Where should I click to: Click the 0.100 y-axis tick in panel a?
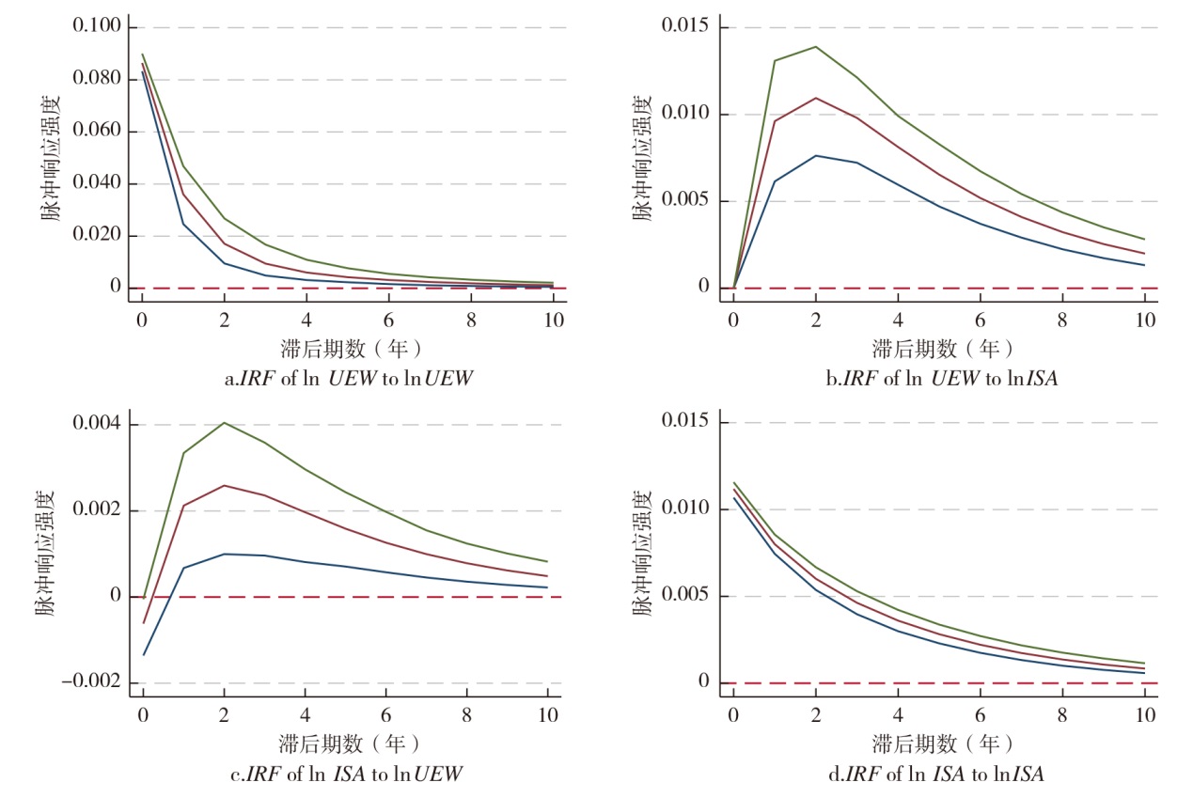[97, 27]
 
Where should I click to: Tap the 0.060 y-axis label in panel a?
[97, 132]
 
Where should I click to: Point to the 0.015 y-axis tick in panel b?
[688, 27]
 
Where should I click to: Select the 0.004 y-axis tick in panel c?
[97, 424]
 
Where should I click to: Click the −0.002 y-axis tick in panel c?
[91, 683]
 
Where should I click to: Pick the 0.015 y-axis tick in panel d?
[688, 423]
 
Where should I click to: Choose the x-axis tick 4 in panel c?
[305, 713]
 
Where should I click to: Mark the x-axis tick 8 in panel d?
[1062, 713]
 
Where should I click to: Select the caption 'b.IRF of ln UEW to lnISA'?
[940, 379]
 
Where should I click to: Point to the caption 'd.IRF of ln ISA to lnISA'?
[940, 775]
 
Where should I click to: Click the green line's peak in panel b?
[816, 47]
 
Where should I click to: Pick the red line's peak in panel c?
[224, 486]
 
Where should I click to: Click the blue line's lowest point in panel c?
[143, 654]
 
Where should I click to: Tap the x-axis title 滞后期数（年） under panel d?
[940, 743]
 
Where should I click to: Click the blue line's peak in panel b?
[816, 155]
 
